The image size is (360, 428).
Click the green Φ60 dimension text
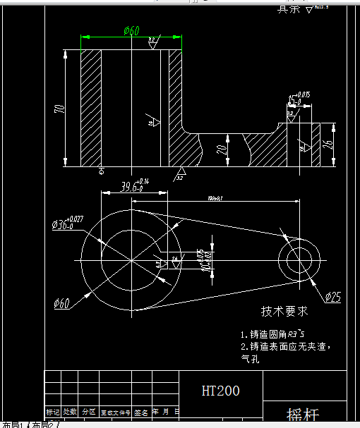tap(132, 31)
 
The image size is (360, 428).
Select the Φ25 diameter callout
tap(332, 298)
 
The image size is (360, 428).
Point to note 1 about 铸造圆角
tap(272, 334)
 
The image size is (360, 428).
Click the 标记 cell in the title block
tap(53, 412)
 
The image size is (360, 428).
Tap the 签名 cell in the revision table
tap(141, 412)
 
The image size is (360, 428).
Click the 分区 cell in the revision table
tap(88, 412)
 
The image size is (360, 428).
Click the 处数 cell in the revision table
tap(70, 412)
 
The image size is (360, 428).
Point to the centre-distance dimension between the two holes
tap(215, 198)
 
